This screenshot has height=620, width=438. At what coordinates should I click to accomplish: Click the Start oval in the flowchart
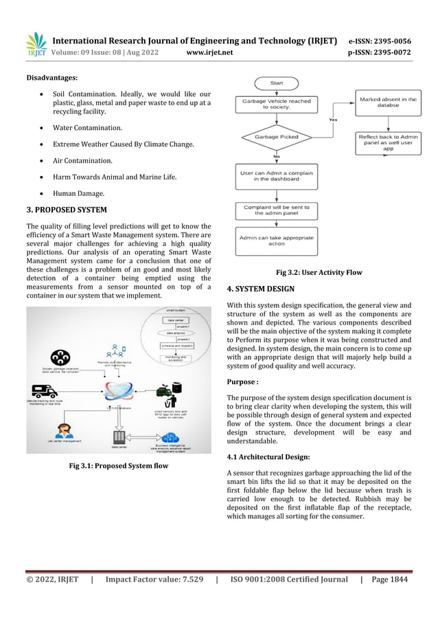(276, 82)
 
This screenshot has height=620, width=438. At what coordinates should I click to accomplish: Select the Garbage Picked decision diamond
(276, 137)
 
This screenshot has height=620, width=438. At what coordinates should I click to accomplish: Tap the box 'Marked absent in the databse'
(388, 103)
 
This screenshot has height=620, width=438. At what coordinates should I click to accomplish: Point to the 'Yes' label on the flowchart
(333, 119)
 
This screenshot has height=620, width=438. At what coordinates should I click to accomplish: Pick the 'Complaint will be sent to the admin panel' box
(276, 209)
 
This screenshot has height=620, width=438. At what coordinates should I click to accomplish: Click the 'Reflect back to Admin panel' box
(388, 142)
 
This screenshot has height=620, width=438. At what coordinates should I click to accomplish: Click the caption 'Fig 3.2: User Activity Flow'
(319, 272)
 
